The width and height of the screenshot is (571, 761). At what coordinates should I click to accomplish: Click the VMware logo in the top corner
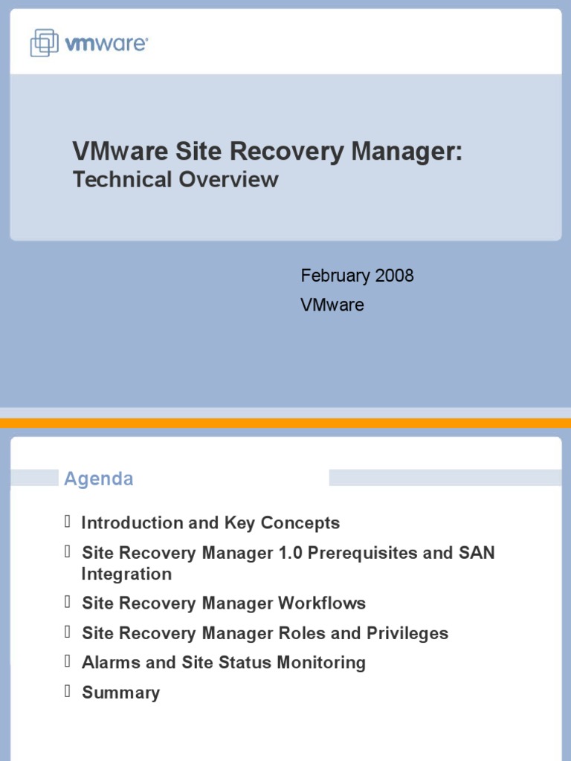[88, 43]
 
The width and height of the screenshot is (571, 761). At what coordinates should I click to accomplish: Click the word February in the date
[335, 276]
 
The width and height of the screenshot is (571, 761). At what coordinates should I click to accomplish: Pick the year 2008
[395, 276]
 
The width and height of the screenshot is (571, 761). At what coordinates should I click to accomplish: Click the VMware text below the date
[332, 305]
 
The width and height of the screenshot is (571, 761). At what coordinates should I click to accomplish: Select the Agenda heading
[99, 479]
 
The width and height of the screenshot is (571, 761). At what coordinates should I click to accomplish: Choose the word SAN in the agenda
[478, 553]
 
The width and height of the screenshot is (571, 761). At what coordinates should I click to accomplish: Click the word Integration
[126, 574]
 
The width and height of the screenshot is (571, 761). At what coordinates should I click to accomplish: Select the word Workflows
[322, 603]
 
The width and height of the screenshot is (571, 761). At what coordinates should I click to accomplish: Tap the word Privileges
[407, 633]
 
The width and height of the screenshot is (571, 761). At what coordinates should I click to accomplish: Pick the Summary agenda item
[120, 693]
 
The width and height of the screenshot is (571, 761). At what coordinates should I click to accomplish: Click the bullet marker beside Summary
[68, 691]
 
